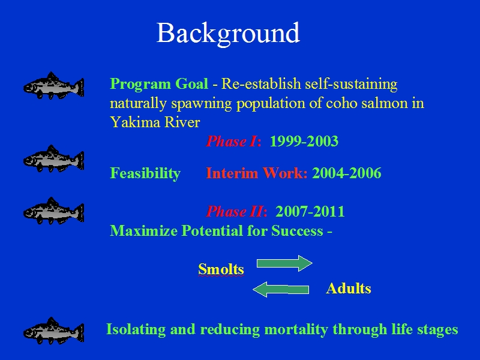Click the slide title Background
pos(228,34)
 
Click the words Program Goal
pos(159,83)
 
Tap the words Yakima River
pos(155,122)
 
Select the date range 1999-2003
pos(304,141)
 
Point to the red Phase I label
pos(233,141)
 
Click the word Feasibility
pos(145,173)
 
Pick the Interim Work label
pos(257,173)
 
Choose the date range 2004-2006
pos(347,173)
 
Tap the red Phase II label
pos(236,211)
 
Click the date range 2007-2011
pos(310,211)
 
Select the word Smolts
pos(221,269)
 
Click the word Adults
pos(349,289)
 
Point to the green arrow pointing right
pos(284,263)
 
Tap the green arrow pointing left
pos(281,290)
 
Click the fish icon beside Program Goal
pos(53,85)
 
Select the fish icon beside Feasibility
pos(53,158)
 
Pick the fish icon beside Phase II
pos(53,211)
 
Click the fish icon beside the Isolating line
pos(53,331)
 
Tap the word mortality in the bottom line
pos(296,330)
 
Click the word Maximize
pos(143,230)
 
